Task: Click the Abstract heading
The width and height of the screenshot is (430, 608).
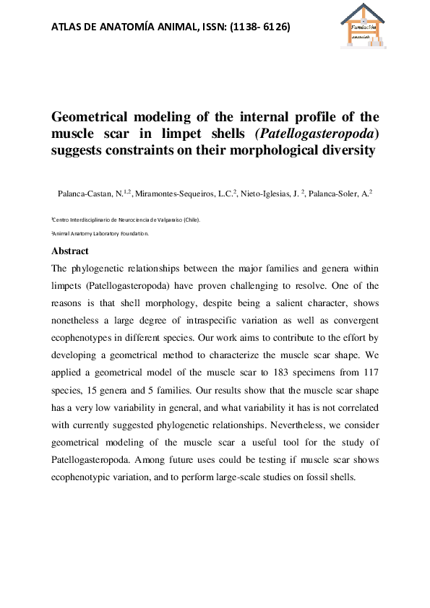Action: coord(69,251)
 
